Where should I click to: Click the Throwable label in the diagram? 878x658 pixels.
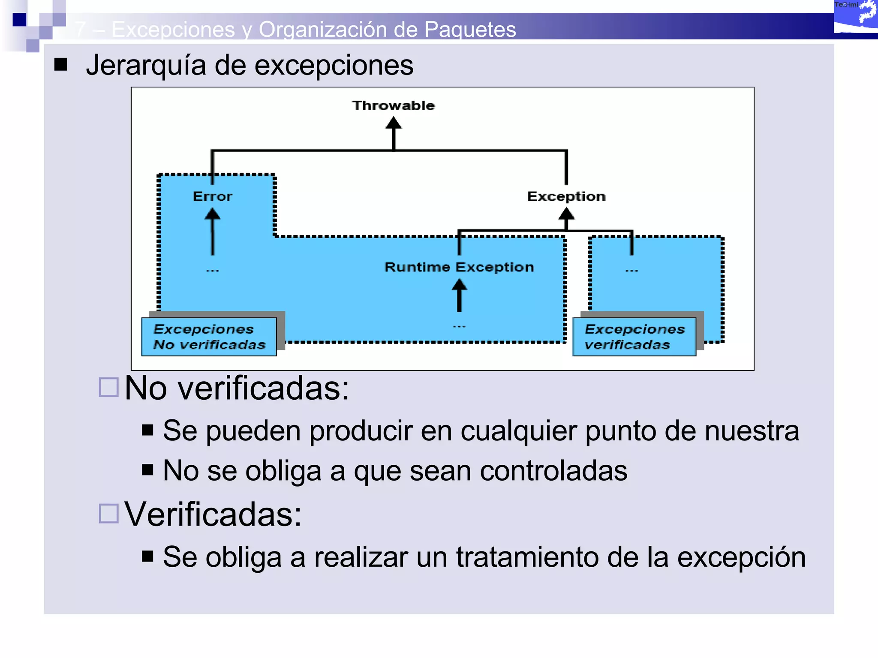pyautogui.click(x=393, y=105)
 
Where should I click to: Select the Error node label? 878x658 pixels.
pyautogui.click(x=212, y=197)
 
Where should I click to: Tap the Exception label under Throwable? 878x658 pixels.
pyautogui.click(x=566, y=197)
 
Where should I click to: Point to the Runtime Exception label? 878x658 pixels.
pyautogui.click(x=459, y=267)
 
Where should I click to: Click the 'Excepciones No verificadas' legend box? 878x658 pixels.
pyautogui.click(x=209, y=337)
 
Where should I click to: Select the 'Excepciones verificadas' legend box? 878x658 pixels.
pyautogui.click(x=634, y=337)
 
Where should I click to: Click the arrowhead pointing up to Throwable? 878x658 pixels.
pyautogui.click(x=394, y=123)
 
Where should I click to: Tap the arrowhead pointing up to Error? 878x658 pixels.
pyautogui.click(x=212, y=213)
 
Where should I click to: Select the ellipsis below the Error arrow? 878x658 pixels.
pyautogui.click(x=212, y=270)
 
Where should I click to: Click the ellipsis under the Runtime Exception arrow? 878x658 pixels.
pyautogui.click(x=459, y=326)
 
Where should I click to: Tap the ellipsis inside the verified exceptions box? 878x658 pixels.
pyautogui.click(x=631, y=270)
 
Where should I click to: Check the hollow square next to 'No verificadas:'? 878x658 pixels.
pyautogui.click(x=108, y=387)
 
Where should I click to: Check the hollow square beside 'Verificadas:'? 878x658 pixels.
pyautogui.click(x=108, y=513)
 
